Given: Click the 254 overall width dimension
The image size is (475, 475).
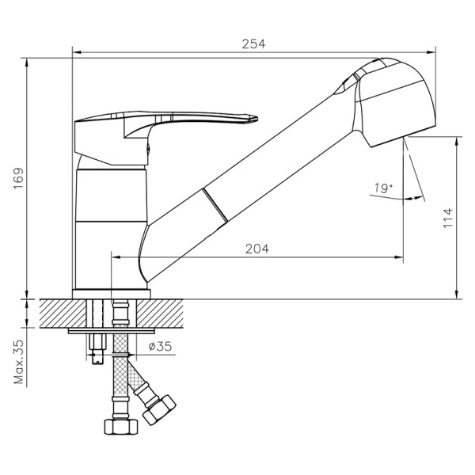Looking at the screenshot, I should tap(253, 44).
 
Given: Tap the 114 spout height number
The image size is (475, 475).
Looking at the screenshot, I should tap(447, 217).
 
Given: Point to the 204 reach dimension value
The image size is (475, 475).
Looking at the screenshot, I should tap(256, 249).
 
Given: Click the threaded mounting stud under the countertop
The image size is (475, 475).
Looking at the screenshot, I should tap(98, 348).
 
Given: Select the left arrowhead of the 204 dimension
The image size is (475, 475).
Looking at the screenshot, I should tap(112, 257).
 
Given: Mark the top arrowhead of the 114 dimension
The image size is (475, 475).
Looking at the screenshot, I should tap(458, 140).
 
